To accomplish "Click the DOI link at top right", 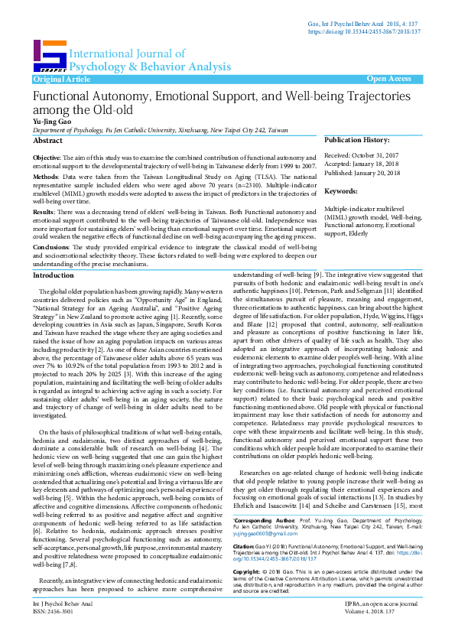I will (x=364, y=33).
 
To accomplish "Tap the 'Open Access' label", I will (x=388, y=79).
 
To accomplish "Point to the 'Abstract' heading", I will (x=47, y=141).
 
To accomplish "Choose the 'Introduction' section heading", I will (x=54, y=275).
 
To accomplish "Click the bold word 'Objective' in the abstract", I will (x=47, y=157).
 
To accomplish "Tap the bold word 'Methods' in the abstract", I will (x=45, y=175).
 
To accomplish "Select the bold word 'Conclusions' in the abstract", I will (x=50, y=247).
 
